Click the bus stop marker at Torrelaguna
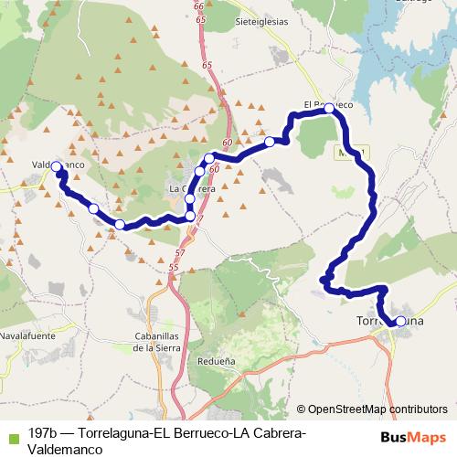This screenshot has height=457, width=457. (x=400, y=321)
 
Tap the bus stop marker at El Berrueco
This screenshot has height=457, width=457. (x=330, y=108)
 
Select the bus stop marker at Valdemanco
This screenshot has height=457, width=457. (x=57, y=166)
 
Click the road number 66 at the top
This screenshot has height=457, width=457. (x=199, y=7)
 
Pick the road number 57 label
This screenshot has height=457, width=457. (x=179, y=251)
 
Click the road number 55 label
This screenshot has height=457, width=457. (x=174, y=266)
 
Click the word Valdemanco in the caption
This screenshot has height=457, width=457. (x=59, y=449)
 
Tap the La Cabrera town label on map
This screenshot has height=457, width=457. (x=192, y=189)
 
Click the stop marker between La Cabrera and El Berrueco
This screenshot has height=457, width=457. (x=271, y=142)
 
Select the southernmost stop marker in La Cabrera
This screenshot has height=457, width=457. (x=190, y=217)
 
